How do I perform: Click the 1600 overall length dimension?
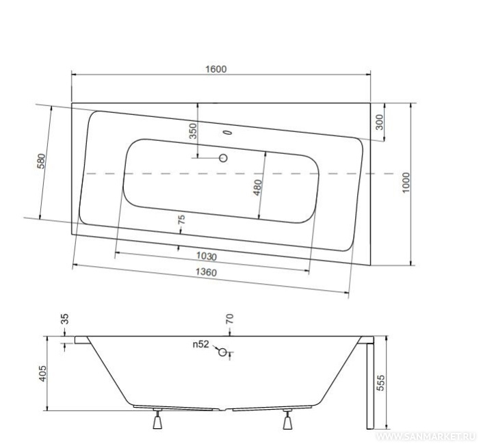pyautogui.click(x=216, y=69)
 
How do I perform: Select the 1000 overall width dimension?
pyautogui.click(x=406, y=183)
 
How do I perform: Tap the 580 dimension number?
pyautogui.click(x=41, y=161)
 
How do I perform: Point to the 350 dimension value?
pyautogui.click(x=193, y=131)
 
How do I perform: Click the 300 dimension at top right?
pyautogui.click(x=379, y=122)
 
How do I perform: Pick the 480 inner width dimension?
pyautogui.click(x=257, y=187)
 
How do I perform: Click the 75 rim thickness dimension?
pyautogui.click(x=181, y=220)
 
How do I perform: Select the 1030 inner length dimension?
pyautogui.click(x=207, y=256)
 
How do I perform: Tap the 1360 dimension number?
pyautogui.click(x=206, y=272)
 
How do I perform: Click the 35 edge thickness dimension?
pyautogui.click(x=65, y=319)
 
